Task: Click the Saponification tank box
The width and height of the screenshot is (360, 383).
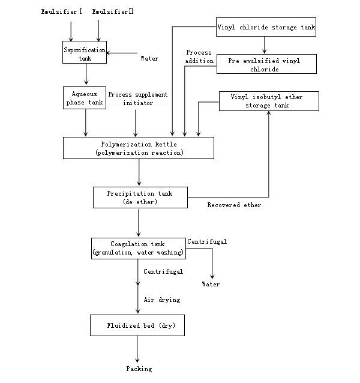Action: point(85,52)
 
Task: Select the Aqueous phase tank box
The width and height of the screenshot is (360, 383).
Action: point(85,98)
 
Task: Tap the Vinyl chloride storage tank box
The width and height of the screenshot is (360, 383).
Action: point(266,28)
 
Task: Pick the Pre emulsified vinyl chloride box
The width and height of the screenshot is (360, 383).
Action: point(266,65)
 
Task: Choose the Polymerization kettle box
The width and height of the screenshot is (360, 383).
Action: point(139,148)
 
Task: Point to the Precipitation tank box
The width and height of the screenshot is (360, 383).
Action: point(140,198)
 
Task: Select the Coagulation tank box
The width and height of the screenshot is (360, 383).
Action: point(138,248)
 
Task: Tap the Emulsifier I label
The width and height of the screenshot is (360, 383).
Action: point(60,12)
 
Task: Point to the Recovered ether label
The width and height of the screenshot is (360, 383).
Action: point(234,205)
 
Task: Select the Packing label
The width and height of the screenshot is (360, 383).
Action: point(139,369)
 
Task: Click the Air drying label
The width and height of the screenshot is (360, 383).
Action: point(162,300)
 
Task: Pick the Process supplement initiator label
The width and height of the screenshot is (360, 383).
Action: point(137,99)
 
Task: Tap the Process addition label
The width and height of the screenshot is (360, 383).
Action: point(199,57)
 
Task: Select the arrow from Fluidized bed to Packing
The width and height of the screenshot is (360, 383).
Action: point(137,348)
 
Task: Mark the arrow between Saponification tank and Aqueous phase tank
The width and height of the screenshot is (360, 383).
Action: point(86,74)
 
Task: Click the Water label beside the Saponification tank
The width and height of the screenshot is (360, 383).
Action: point(149,59)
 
